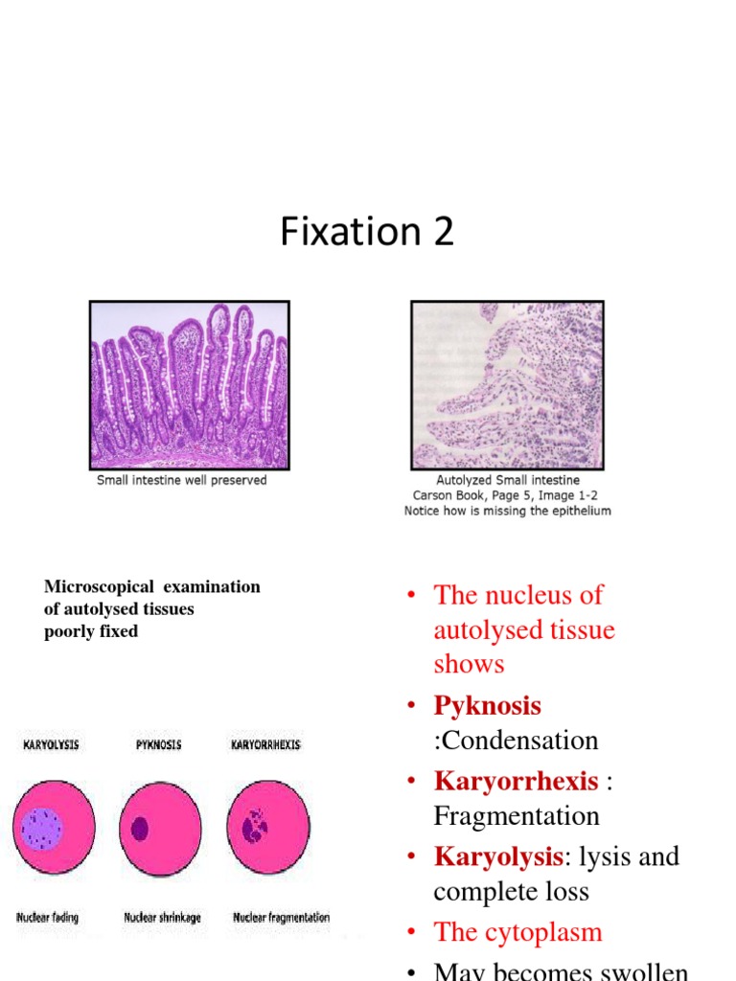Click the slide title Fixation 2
click(x=367, y=233)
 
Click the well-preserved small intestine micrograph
click(x=189, y=385)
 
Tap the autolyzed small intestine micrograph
click(x=507, y=385)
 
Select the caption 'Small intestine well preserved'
click(x=182, y=480)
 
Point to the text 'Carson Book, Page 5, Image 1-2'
click(x=506, y=495)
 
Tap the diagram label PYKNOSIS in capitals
click(x=158, y=744)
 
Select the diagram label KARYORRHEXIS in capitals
click(x=264, y=744)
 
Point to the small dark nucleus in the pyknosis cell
click(x=140, y=828)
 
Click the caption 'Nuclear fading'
click(x=49, y=918)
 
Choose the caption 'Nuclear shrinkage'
click(x=162, y=918)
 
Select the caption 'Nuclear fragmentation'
click(x=281, y=918)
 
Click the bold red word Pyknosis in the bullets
click(x=487, y=706)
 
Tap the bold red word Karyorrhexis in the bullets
click(x=516, y=781)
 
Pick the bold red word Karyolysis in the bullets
click(x=496, y=856)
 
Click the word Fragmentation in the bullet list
click(x=517, y=816)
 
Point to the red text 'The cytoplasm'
click(x=517, y=931)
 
